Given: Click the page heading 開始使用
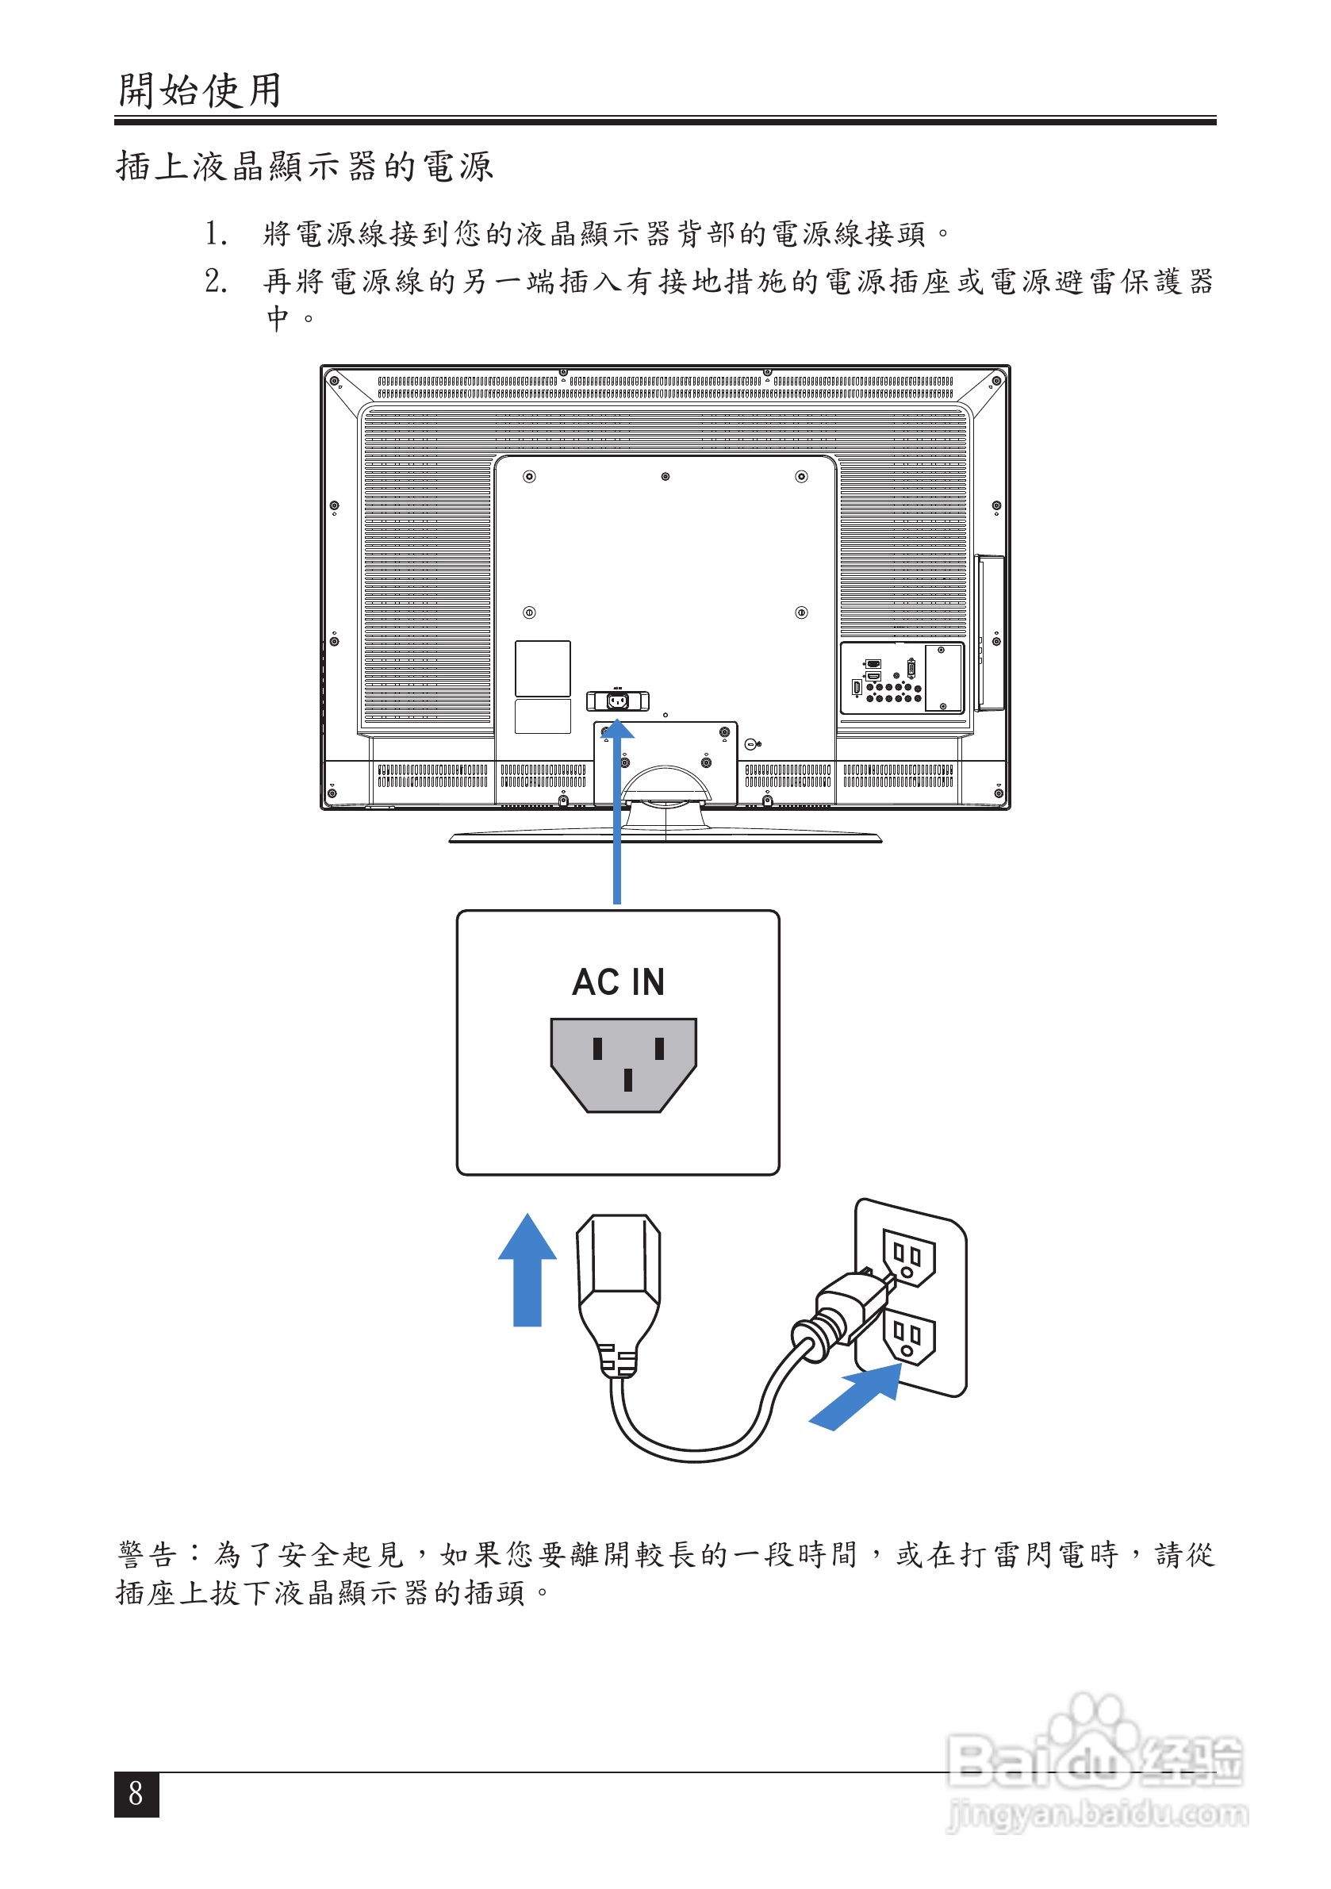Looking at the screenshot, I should click(200, 90).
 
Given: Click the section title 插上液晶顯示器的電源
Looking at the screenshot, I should click(305, 166).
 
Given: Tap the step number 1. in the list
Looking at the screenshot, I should click(216, 234).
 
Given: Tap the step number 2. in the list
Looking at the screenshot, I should click(216, 282).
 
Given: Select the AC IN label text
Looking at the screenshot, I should click(618, 981).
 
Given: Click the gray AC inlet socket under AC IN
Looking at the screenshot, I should click(623, 1064).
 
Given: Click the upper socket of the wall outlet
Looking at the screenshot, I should click(908, 1257).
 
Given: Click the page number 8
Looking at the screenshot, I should click(136, 1794).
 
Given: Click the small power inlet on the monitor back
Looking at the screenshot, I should click(617, 701).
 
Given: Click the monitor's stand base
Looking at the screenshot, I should click(665, 837).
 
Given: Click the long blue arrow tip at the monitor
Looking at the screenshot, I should click(617, 729).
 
